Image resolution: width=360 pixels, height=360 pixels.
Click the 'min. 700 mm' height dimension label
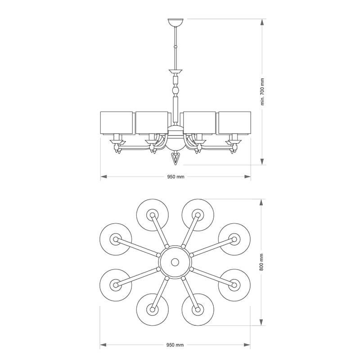262,92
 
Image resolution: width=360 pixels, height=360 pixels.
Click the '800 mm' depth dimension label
261,262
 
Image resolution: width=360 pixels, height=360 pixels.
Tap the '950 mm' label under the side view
175,177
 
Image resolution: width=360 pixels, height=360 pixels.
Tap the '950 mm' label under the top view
175,345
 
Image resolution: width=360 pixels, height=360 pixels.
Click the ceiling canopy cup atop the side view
175,22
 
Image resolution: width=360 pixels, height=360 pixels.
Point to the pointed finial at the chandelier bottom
175,158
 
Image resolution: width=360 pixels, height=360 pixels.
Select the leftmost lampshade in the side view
117,123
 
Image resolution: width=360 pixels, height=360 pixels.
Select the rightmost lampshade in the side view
234,123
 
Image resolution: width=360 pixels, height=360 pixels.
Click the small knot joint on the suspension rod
175,47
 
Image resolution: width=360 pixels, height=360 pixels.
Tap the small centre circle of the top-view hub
175,262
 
